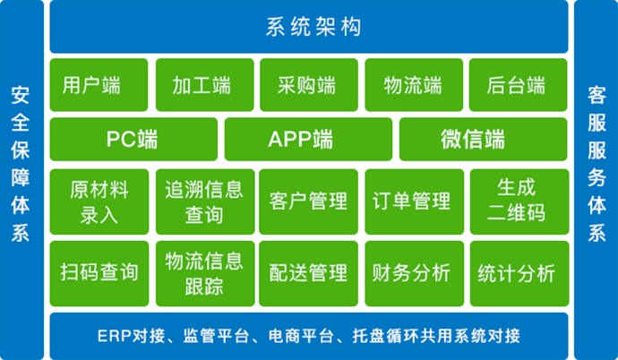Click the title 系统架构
pos(313,27)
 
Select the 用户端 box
pos(99,85)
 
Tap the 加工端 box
pos(204,85)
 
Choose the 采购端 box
pos(309,85)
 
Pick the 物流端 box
pos(414,85)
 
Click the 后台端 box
pos(519,85)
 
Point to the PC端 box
pos(133,139)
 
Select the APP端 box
pos(308,139)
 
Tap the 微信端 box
pos(484,139)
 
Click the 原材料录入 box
pos(99,201)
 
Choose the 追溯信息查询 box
pos(205,201)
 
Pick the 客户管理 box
pos(309,201)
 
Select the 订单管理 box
pos(414,201)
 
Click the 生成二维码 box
pos(519,201)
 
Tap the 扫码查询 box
pos(99,273)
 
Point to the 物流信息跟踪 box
pos(205,273)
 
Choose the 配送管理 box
pos(309,273)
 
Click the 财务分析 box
pos(414,273)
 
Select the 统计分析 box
pos(519,273)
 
